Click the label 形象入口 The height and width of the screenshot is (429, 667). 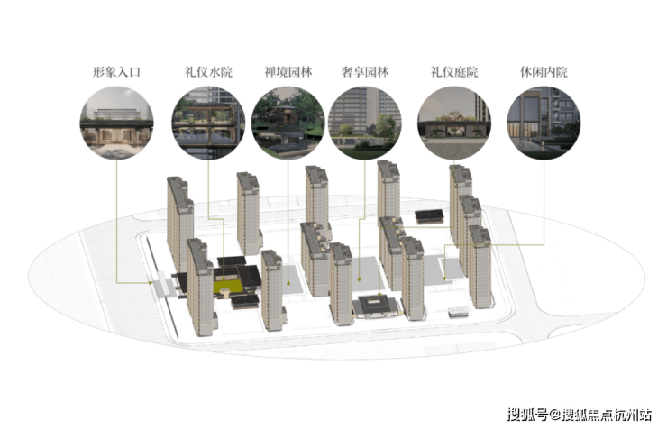(x=116, y=72)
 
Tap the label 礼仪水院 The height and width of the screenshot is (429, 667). (x=208, y=72)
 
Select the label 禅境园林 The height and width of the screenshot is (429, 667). (x=288, y=72)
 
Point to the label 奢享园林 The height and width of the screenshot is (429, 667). (x=365, y=72)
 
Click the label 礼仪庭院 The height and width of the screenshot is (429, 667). (x=454, y=72)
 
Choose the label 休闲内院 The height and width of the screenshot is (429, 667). (x=544, y=72)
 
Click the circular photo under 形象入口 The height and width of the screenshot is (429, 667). (x=116, y=123)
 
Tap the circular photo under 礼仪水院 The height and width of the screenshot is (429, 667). (x=208, y=123)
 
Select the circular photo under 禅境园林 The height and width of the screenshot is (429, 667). (x=288, y=123)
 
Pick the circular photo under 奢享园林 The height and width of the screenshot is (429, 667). (x=365, y=123)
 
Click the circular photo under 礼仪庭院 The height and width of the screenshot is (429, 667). (x=454, y=123)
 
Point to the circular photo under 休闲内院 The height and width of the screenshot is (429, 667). (x=544, y=123)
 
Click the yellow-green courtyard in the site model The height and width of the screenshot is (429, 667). (x=226, y=285)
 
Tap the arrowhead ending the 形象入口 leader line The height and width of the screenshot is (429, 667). (x=151, y=283)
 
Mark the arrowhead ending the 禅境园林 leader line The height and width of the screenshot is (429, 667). (x=288, y=282)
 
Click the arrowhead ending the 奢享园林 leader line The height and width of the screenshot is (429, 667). (x=360, y=279)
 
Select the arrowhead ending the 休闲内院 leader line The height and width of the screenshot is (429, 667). (x=445, y=278)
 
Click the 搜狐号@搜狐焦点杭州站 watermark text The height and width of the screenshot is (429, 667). (x=579, y=414)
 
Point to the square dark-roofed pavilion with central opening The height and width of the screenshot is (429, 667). (x=375, y=306)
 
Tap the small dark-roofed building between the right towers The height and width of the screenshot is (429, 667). (x=429, y=216)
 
